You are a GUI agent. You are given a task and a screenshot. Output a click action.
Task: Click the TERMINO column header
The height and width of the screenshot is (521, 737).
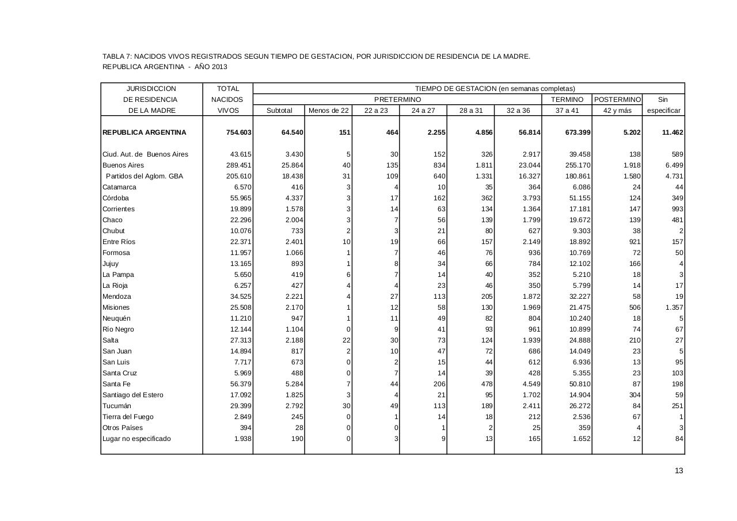(x=567, y=100)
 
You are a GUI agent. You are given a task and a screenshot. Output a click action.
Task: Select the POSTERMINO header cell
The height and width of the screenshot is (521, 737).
(x=617, y=100)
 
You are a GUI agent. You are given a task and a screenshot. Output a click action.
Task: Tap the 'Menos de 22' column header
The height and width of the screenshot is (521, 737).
(x=328, y=111)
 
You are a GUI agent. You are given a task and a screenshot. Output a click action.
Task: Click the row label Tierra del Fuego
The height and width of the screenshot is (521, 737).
(x=128, y=417)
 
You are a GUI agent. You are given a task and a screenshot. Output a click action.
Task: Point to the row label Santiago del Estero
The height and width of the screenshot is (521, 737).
(x=132, y=395)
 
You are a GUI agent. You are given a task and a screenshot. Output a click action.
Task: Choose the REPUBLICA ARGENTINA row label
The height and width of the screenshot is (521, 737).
(x=144, y=132)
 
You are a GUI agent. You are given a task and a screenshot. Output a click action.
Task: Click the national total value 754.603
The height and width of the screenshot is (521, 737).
(x=238, y=132)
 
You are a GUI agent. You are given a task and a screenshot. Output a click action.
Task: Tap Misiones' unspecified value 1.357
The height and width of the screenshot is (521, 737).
(x=674, y=307)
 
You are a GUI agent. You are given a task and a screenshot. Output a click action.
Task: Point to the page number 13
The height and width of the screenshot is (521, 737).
(x=679, y=471)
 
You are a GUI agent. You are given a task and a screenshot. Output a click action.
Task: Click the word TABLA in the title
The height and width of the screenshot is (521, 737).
(x=112, y=56)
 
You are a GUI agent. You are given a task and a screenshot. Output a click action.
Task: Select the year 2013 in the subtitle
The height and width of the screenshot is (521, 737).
(x=219, y=67)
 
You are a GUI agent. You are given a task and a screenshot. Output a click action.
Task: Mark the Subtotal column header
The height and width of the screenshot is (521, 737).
(x=279, y=111)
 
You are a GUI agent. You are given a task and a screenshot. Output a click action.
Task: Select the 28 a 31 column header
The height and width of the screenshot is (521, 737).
(x=470, y=111)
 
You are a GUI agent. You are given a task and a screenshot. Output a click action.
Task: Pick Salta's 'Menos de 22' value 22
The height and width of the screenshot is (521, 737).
(x=346, y=340)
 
